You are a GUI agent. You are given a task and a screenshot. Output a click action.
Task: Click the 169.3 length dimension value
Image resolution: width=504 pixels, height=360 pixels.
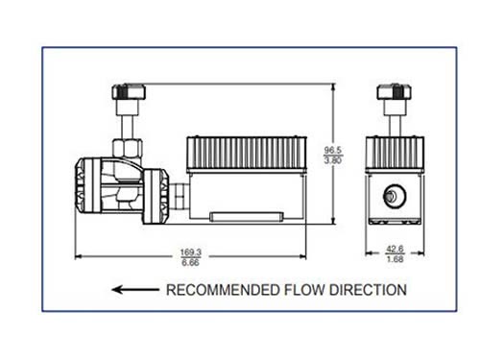click(191, 252)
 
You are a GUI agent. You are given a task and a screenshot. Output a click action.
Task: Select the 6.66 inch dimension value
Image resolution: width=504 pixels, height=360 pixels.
click(191, 261)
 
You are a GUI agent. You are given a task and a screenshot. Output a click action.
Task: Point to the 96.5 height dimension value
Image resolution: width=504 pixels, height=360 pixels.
click(333, 150)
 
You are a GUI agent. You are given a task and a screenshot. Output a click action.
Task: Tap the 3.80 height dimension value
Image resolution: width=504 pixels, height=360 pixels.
click(333, 160)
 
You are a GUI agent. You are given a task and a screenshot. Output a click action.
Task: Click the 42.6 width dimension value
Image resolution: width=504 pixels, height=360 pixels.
click(394, 252)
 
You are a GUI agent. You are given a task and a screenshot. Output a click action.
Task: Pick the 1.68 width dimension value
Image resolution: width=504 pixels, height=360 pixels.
click(394, 261)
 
